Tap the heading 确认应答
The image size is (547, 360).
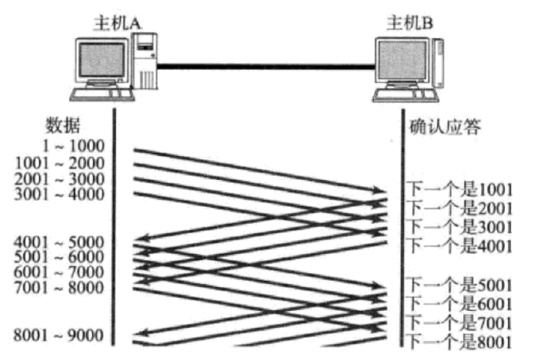click(444, 127)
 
